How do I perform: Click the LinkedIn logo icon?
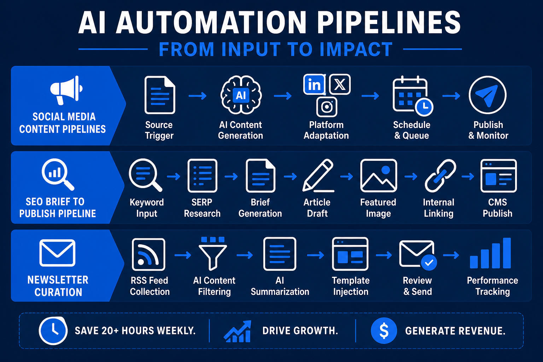click(314, 84)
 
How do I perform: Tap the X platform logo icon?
click(340, 84)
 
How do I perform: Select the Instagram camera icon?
click(327, 107)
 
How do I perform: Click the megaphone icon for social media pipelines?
click(66, 90)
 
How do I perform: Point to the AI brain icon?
click(241, 95)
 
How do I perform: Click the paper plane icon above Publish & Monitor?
click(487, 95)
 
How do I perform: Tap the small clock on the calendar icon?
click(424, 107)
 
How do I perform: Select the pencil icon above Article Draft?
click(318, 176)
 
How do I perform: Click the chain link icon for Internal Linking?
click(440, 176)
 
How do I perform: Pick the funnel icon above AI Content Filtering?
click(212, 253)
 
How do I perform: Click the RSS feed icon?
click(148, 254)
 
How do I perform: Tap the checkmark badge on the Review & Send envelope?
click(429, 262)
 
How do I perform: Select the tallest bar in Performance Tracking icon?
click(507, 253)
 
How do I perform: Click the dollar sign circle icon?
click(384, 331)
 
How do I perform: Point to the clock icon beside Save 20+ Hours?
click(53, 331)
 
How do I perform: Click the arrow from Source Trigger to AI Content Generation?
click(198, 96)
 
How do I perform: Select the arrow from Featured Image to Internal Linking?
click(411, 176)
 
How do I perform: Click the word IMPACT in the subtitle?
click(356, 49)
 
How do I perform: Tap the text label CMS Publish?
click(497, 208)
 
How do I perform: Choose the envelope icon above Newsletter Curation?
click(57, 253)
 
